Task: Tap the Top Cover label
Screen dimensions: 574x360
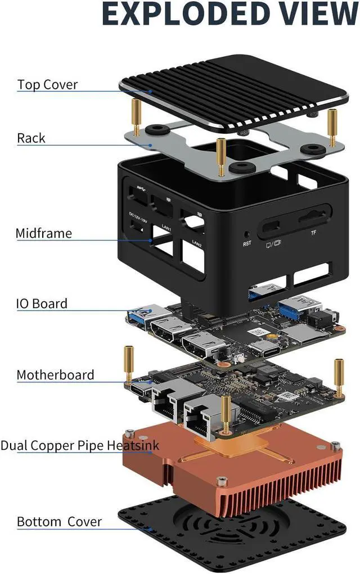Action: point(47,85)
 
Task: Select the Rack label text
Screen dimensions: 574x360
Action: point(31,138)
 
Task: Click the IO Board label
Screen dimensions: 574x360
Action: point(42,304)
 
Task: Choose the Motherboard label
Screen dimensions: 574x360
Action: point(55,374)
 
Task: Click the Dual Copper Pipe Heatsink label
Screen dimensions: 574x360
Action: point(80,446)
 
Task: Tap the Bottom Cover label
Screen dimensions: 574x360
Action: point(59,521)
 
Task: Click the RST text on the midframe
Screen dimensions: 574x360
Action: point(247,243)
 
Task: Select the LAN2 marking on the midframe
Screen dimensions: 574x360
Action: point(196,243)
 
